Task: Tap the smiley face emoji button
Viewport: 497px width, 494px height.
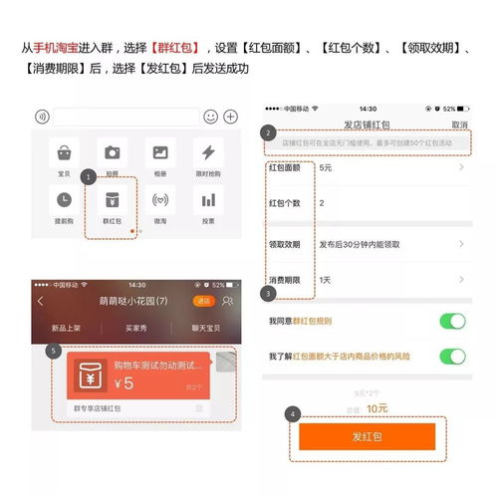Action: [x=210, y=117]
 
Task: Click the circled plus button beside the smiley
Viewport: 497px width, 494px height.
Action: [x=229, y=117]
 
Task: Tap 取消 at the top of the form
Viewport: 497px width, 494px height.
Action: [x=458, y=124]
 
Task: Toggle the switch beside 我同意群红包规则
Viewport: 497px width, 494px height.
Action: [x=452, y=321]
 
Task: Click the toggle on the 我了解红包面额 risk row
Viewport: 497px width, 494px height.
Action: [x=452, y=356]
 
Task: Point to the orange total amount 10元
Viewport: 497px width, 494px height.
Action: [x=377, y=408]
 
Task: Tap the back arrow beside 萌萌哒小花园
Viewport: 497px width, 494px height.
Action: [x=41, y=301]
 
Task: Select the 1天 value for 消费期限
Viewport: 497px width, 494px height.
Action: [x=325, y=280]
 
